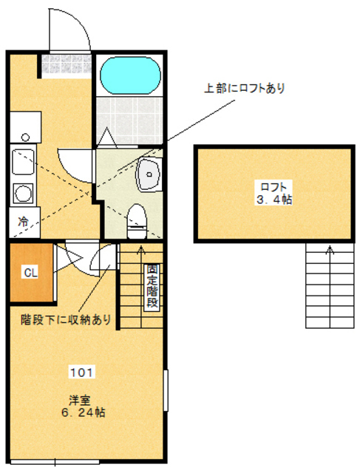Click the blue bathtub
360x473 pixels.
tap(130, 75)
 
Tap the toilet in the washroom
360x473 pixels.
tap(137, 221)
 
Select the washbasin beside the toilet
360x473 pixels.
tap(149, 174)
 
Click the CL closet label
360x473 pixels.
tap(31, 273)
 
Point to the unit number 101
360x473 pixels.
tap(82, 372)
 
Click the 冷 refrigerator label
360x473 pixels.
tap(23, 222)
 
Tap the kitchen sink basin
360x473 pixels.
tap(23, 162)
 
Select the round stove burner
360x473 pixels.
tap(23, 194)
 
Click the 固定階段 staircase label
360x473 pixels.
tap(152, 286)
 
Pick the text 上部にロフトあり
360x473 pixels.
tap(245, 88)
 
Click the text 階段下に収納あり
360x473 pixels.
tap(66, 319)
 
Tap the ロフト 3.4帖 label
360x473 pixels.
tap(274, 193)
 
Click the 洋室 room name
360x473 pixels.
tap(80, 401)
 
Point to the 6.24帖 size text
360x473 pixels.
tap(84, 412)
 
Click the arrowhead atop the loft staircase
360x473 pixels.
tap(330, 250)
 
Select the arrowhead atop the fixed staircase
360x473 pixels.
tap(140, 250)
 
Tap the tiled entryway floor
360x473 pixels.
tap(67, 64)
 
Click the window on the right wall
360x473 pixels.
tap(166, 390)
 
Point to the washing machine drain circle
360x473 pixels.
tap(26, 137)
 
